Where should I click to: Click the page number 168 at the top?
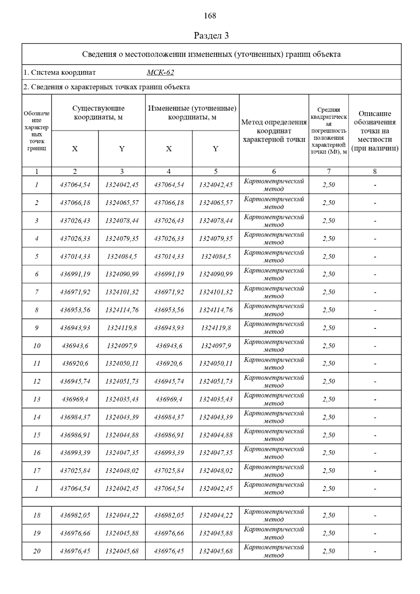pos(210,16)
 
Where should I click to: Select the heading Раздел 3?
pos(211,36)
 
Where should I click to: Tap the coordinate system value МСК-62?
pos(160,72)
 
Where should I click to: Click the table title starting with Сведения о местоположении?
pos(211,54)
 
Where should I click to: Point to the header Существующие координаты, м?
pos(98,113)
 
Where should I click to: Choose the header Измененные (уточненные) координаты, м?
pos(192,113)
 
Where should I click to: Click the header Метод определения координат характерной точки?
pos(274,131)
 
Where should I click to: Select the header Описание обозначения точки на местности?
pos(374,131)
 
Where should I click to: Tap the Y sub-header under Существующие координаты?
pos(122,149)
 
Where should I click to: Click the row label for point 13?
pos(37,399)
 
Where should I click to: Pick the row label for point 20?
pos(37,551)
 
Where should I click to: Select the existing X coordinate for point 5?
pos(75,256)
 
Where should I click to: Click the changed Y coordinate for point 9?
pos(216,328)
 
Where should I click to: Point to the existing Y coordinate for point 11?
pos(122,363)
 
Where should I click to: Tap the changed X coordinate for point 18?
pos(169,515)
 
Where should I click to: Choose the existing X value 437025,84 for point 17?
pos(75,471)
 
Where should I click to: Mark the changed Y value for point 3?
pos(216,221)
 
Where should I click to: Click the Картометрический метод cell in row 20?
pos(274,551)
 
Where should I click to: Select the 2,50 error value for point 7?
pos(329,292)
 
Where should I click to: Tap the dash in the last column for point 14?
pos(375,417)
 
